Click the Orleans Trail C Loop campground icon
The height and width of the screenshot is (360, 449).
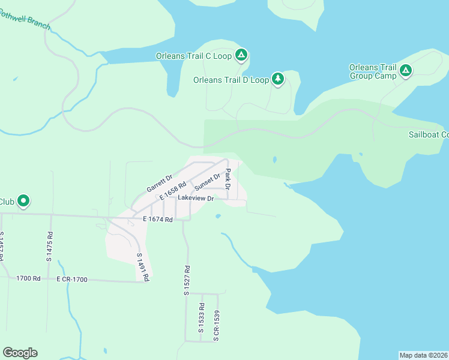click(x=241, y=56)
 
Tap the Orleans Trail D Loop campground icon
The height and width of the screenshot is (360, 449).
click(x=278, y=79)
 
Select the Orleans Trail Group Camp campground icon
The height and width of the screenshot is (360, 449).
click(x=406, y=71)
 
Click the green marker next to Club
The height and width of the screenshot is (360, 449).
click(x=23, y=201)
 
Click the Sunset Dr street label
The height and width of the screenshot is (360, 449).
click(x=208, y=181)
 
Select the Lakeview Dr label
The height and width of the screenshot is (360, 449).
click(x=196, y=198)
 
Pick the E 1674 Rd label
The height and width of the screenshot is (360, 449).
click(x=158, y=220)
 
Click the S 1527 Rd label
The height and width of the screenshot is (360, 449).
click(x=187, y=280)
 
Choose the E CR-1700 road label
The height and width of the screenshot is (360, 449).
click(x=72, y=280)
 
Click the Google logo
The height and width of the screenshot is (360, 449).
click(x=20, y=353)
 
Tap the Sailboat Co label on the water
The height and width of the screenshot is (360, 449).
click(x=429, y=134)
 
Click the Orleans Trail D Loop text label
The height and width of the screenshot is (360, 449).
click(x=231, y=80)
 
